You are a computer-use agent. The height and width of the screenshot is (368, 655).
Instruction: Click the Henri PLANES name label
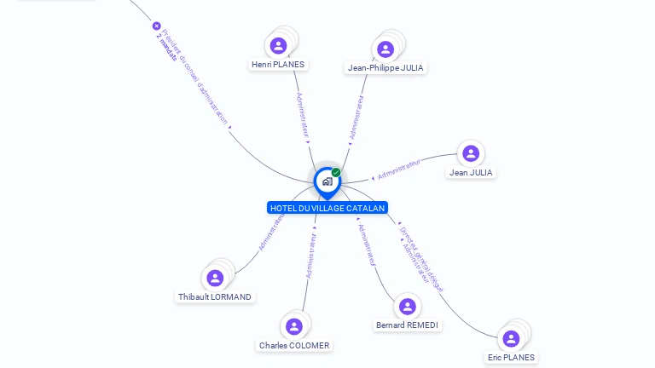coord(278,65)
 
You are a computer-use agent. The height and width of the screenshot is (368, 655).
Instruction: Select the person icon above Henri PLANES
coord(278,45)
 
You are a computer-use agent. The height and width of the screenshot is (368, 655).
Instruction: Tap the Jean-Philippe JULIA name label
coord(385,68)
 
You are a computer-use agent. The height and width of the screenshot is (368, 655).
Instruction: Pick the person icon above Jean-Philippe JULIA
coord(385,49)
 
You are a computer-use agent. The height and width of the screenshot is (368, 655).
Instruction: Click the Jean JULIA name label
coord(471,172)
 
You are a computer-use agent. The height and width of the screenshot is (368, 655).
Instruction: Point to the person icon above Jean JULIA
coord(471,153)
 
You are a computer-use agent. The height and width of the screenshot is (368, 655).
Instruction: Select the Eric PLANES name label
coord(511,358)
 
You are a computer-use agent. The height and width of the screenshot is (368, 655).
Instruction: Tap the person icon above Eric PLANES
coord(511,338)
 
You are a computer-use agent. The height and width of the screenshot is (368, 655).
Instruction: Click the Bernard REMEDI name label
coord(408,325)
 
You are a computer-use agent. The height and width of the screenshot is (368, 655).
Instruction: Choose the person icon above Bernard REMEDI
coord(408,307)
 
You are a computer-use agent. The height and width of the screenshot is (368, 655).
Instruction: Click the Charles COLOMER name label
coord(294,346)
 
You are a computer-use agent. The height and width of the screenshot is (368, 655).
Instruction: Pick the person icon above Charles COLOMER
coord(294,326)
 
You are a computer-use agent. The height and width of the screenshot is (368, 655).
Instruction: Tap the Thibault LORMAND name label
coord(215,297)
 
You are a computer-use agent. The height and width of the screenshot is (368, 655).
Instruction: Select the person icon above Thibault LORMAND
coord(215,278)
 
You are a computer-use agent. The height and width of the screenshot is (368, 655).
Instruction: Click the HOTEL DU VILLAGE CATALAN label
coord(327,208)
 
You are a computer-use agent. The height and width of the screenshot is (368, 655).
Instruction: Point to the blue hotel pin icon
coord(327,181)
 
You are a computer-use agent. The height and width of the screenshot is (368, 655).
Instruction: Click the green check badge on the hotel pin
coord(336,172)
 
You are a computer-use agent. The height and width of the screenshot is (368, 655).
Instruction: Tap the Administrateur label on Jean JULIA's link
coord(399,169)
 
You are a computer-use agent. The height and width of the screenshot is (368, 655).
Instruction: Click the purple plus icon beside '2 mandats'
coord(157,26)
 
